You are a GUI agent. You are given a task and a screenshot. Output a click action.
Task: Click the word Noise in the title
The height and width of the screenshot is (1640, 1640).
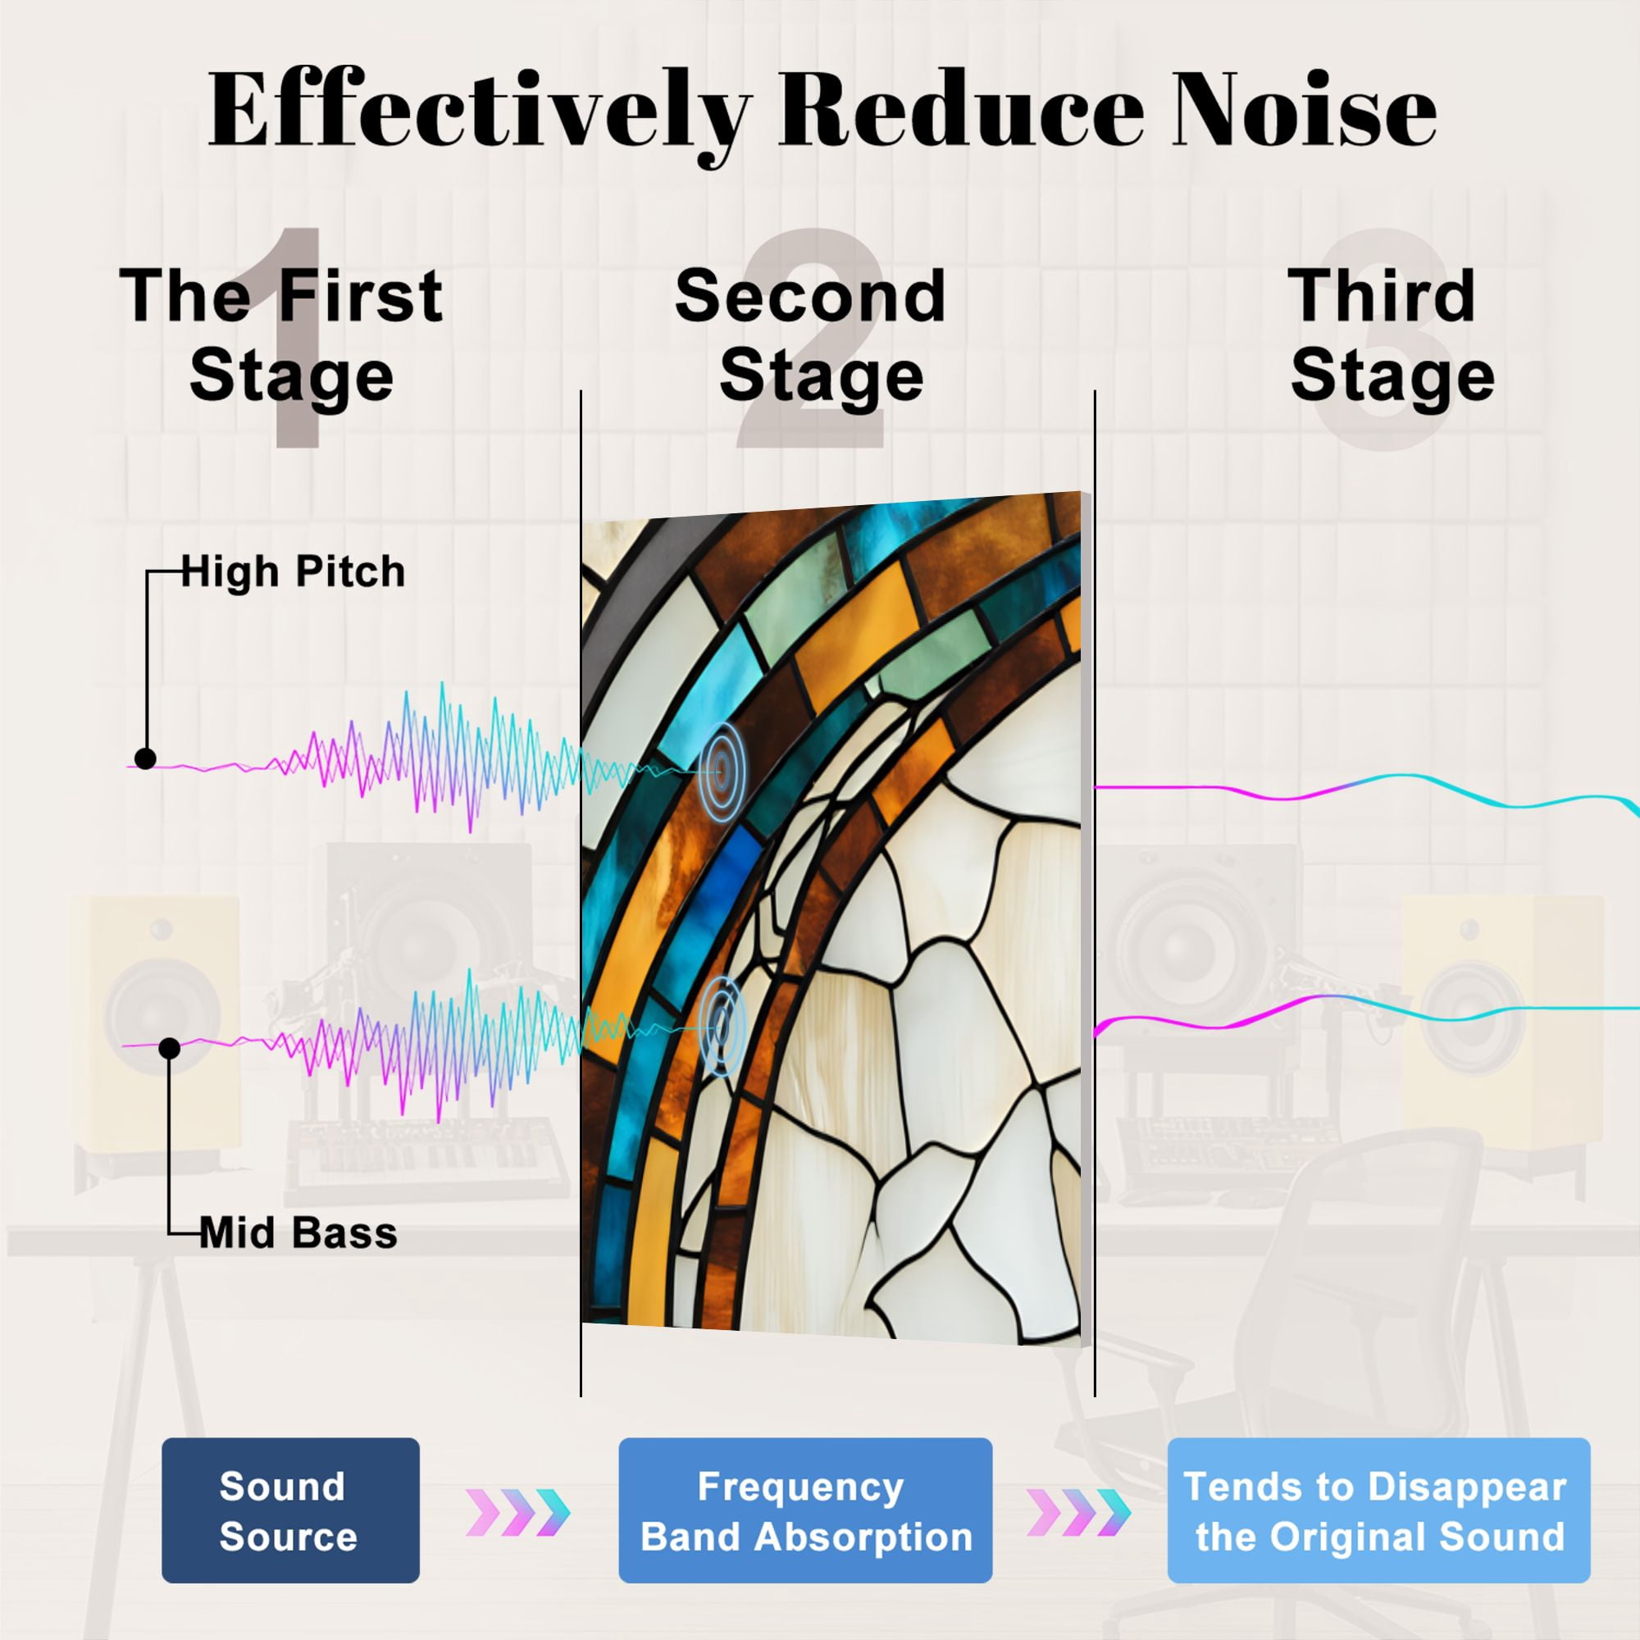(x=1305, y=111)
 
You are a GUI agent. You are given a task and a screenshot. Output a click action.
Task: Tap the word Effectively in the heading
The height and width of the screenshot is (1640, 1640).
(x=481, y=116)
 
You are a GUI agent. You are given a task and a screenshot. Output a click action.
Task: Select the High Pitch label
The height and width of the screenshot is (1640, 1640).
(x=293, y=572)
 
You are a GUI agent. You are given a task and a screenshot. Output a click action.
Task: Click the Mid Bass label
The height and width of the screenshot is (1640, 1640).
(x=298, y=1232)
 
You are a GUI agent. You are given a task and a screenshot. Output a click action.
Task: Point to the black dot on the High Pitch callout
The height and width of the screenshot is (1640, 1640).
(x=145, y=758)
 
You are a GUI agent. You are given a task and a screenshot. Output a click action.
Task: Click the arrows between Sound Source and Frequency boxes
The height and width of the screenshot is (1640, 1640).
(x=517, y=1513)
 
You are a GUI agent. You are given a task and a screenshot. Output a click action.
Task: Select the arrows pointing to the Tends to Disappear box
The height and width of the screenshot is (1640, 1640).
(x=1079, y=1513)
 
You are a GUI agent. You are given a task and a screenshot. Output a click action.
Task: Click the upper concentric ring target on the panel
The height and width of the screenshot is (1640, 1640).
(x=722, y=771)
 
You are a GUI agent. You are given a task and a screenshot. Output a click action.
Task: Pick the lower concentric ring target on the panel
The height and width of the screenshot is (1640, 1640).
(x=722, y=1027)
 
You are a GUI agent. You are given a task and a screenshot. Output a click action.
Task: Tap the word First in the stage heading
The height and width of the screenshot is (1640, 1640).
(x=361, y=295)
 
